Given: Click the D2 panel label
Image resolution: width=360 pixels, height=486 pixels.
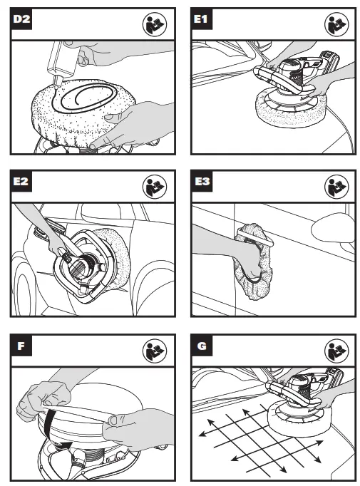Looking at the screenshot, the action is [x=21, y=19].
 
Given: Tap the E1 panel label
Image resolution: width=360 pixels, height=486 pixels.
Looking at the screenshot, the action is [x=202, y=19].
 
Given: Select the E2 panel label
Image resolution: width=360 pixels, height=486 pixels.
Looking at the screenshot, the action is [x=21, y=181].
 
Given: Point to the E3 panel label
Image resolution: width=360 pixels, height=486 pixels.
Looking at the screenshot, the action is [x=202, y=181].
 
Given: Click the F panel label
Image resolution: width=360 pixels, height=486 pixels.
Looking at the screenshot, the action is [x=21, y=346].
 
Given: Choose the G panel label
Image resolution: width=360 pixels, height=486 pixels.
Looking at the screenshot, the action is [x=202, y=346].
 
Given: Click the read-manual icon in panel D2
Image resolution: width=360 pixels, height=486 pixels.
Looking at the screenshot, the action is [x=155, y=24].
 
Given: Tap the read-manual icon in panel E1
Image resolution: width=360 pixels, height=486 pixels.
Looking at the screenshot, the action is [x=336, y=24].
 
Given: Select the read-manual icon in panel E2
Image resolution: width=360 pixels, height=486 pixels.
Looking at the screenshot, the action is [x=155, y=187].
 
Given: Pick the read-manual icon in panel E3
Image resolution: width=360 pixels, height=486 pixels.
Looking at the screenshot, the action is [x=336, y=187].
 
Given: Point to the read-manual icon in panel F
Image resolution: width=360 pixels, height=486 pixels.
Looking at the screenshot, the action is [x=155, y=351].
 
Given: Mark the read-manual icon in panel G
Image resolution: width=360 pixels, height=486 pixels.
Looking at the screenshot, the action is [x=336, y=351].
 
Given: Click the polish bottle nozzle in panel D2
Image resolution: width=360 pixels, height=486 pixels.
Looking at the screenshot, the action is [x=57, y=82].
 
